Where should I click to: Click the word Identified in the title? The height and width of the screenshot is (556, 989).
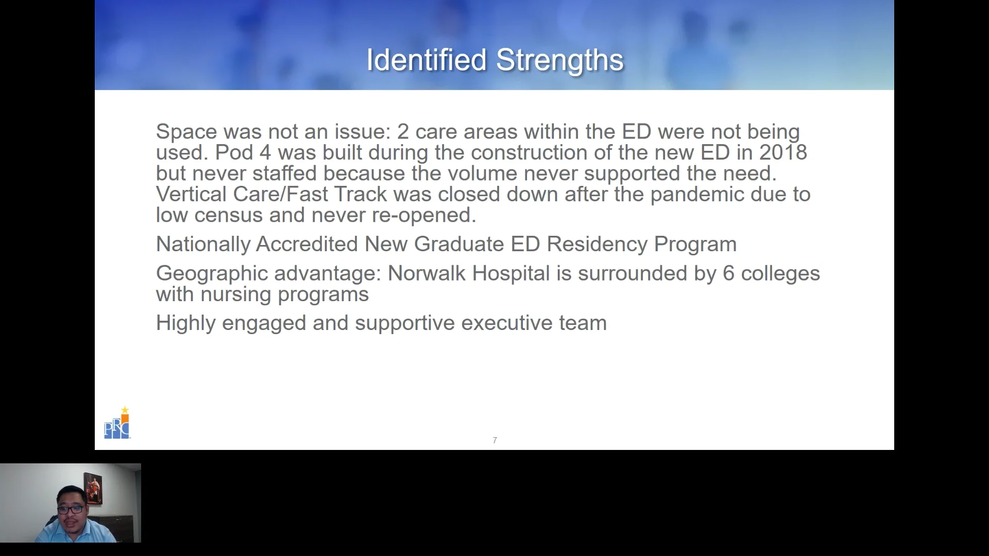[426, 60]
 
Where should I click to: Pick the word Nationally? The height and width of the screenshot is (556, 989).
[203, 244]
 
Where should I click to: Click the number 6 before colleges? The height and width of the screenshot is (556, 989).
[728, 273]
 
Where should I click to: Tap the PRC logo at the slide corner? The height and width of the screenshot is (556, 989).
[117, 424]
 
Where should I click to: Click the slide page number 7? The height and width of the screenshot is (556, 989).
[494, 440]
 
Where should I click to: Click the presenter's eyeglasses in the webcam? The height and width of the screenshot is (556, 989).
[71, 509]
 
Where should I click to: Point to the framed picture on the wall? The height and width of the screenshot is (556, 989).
[93, 488]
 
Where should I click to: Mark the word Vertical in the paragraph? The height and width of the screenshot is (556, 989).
[191, 194]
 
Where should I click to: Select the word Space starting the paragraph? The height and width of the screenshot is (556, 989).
[186, 132]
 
